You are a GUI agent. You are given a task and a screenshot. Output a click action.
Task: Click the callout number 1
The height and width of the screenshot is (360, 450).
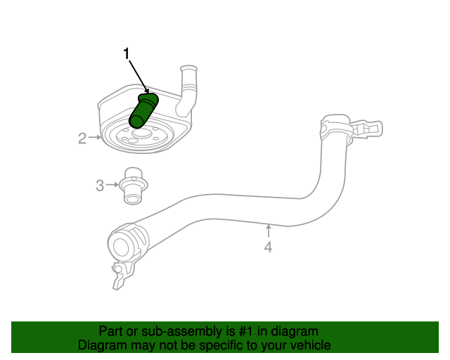point(127,53)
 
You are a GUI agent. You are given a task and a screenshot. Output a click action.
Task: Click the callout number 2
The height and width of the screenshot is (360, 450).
point(82,139)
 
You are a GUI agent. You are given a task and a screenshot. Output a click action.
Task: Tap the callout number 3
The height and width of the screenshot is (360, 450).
point(100,185)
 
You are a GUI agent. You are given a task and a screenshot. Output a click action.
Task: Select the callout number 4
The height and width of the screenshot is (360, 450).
point(268,247)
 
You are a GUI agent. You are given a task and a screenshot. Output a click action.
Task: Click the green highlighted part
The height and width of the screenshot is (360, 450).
point(143,110)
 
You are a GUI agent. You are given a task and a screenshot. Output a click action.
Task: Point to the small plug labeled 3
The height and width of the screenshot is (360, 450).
point(131,186)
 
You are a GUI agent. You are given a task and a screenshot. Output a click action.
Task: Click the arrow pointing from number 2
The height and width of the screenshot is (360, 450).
point(95,138)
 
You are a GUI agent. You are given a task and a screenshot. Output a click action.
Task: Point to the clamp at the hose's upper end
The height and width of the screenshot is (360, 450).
point(335,130)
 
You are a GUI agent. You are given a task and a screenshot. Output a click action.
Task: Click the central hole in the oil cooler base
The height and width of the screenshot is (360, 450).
point(139,132)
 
